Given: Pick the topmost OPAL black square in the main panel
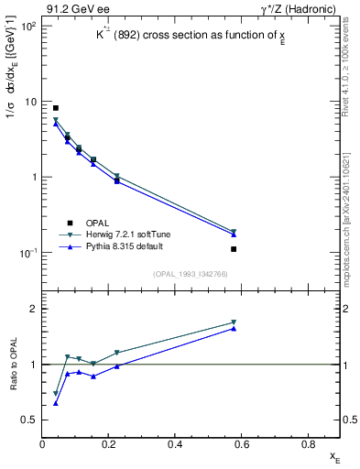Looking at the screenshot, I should [56, 108].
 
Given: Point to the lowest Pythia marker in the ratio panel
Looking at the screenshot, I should [56, 403].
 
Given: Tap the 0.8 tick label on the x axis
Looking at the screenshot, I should [308, 444].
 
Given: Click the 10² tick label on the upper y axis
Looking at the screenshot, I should [29, 26].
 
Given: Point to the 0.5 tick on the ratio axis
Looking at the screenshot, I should [31, 420].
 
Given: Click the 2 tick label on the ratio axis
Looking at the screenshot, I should [35, 310].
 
